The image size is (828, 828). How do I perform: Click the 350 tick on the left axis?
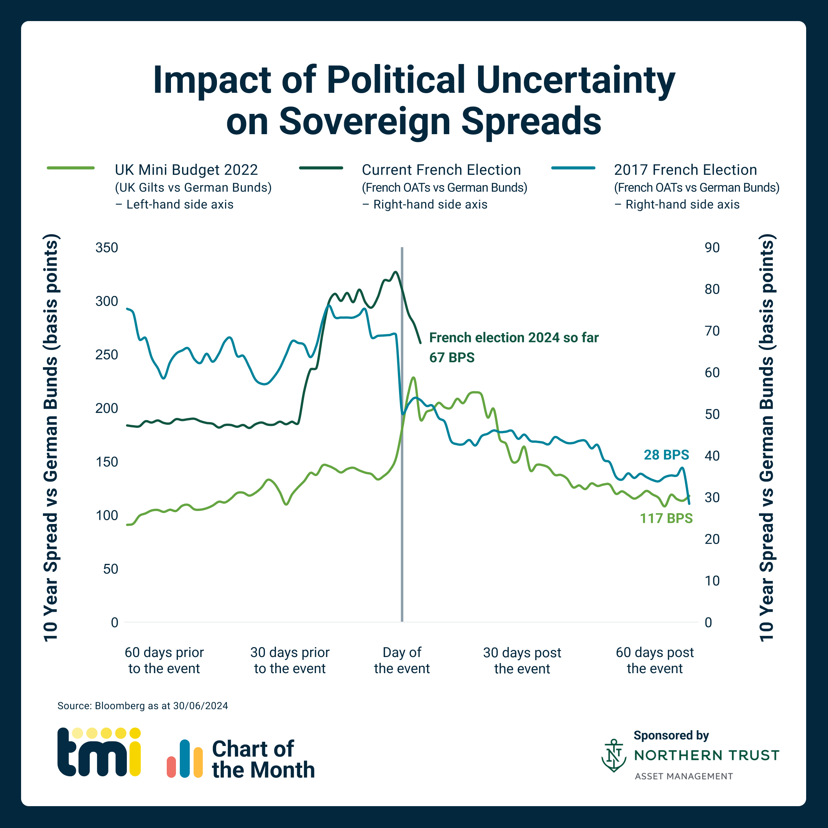pyautogui.click(x=106, y=248)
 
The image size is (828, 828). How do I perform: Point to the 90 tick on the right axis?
pyautogui.click(x=712, y=248)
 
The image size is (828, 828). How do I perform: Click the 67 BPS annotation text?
pyautogui.click(x=452, y=357)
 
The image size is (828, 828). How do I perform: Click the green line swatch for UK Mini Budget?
pyautogui.click(x=71, y=168)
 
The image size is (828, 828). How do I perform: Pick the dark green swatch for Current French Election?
pyautogui.click(x=321, y=168)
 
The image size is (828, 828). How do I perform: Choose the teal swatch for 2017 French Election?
pyautogui.click(x=573, y=168)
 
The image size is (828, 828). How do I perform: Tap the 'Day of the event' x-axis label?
pyautogui.click(x=402, y=660)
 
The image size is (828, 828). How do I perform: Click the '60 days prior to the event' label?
pyautogui.click(x=164, y=660)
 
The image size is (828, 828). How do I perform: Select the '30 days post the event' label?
pyautogui.click(x=522, y=660)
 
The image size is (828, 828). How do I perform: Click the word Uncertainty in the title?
pyautogui.click(x=575, y=80)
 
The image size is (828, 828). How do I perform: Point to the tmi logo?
pyautogui.click(x=99, y=752)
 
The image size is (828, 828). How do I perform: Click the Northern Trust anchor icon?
pyautogui.click(x=614, y=755)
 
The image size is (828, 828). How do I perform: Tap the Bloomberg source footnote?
pyautogui.click(x=143, y=706)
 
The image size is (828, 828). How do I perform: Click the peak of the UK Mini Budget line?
pyautogui.click(x=413, y=378)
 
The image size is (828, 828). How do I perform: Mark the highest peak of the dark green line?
pyautogui.click(x=396, y=272)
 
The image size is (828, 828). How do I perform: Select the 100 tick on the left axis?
pyautogui.click(x=106, y=515)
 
